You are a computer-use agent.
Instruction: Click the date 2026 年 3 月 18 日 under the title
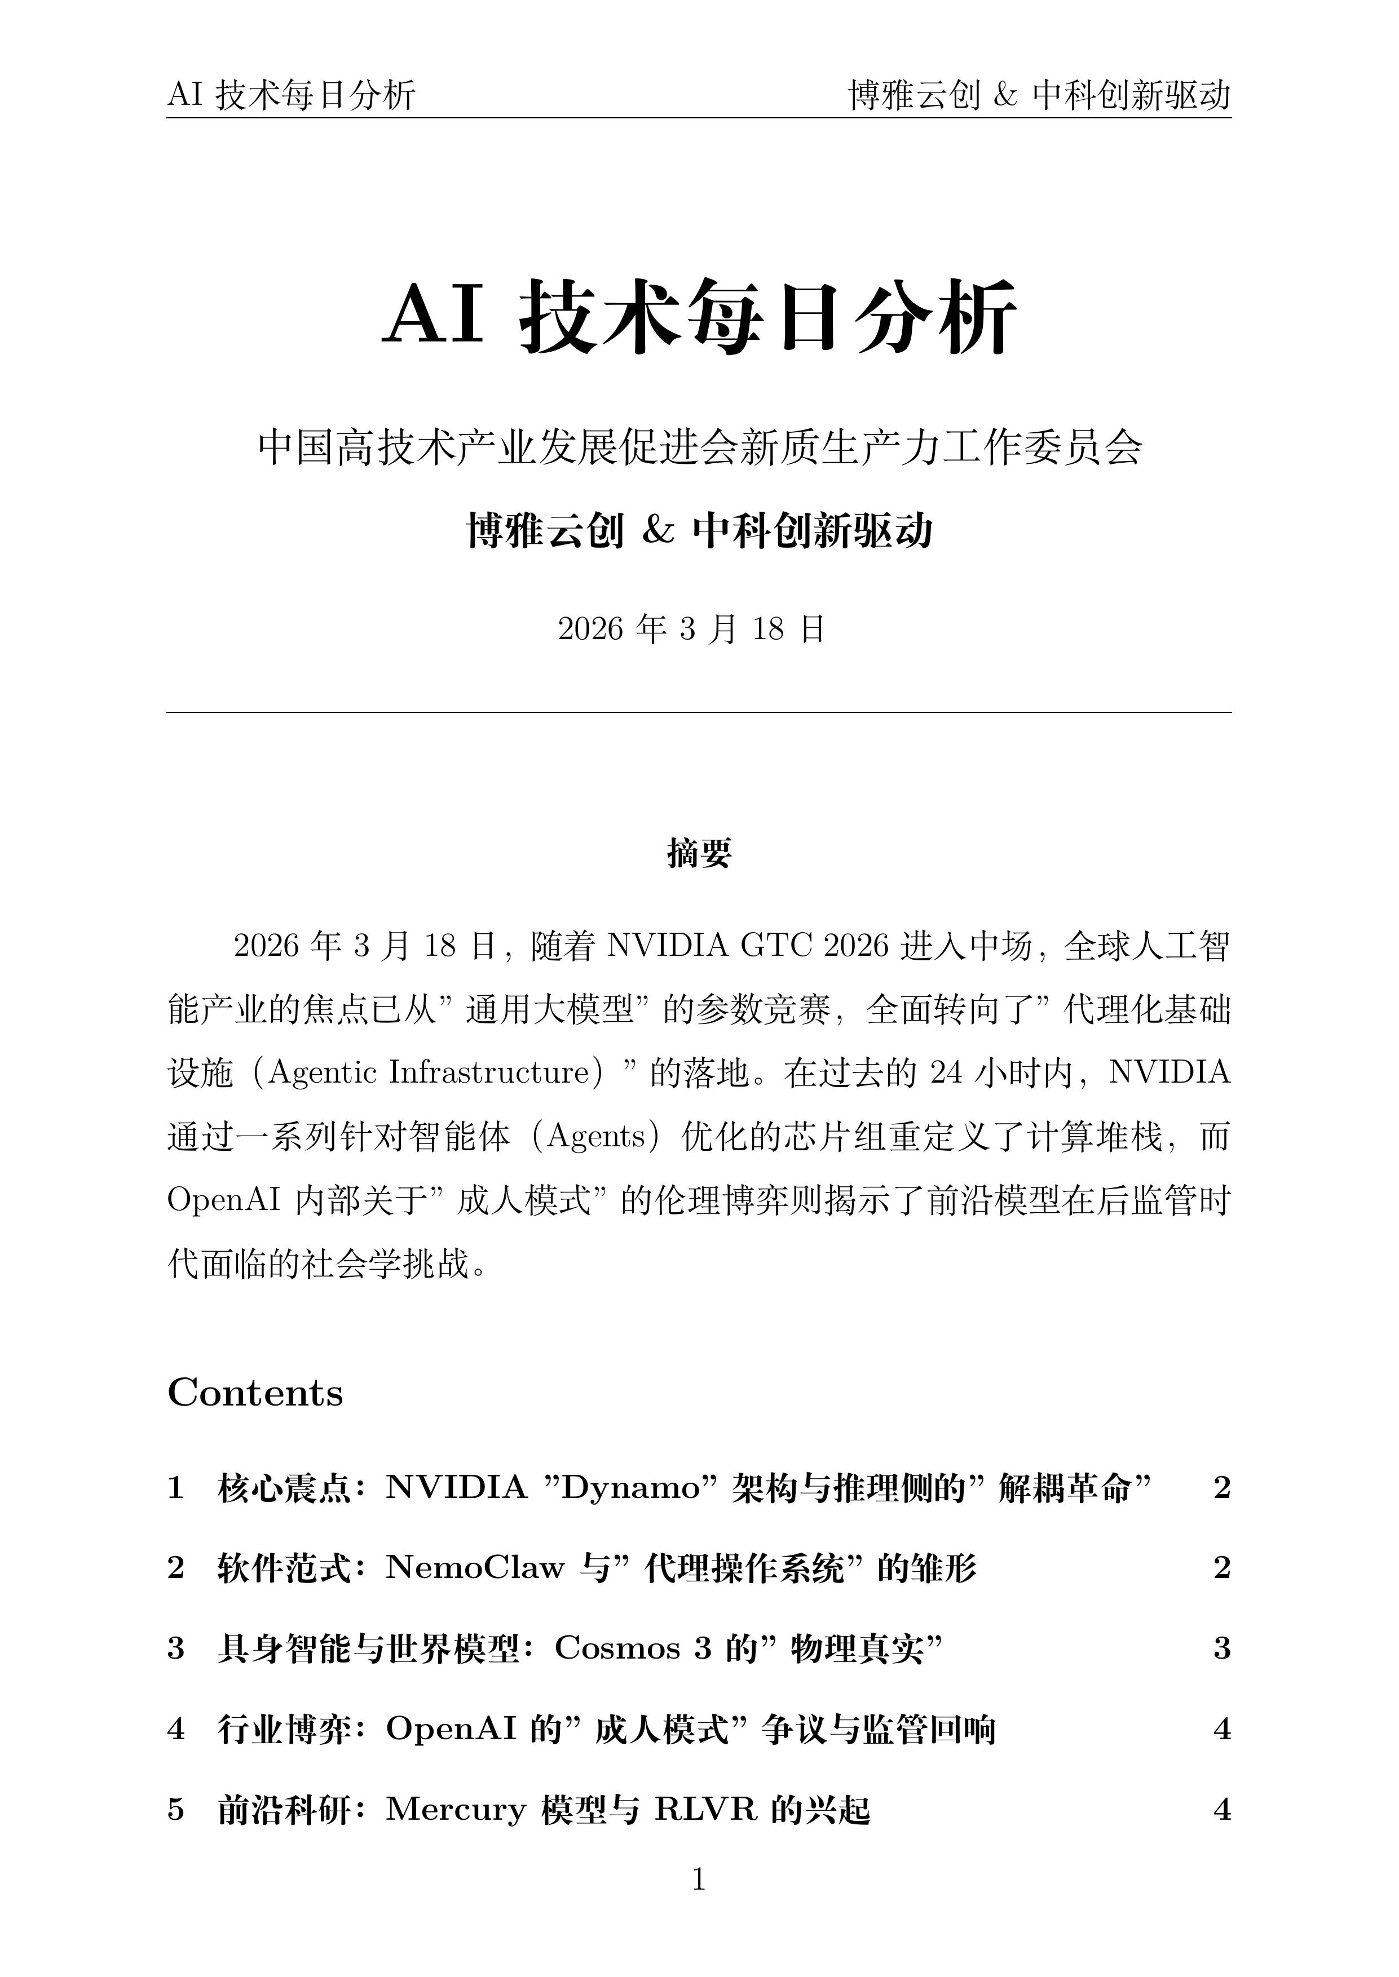click(x=692, y=630)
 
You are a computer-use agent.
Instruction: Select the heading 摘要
click(x=699, y=853)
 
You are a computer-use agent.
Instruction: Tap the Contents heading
click(x=255, y=1393)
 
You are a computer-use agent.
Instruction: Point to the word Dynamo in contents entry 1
click(x=639, y=1488)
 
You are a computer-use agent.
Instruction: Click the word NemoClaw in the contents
click(x=475, y=1568)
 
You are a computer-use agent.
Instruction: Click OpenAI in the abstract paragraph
click(x=224, y=1200)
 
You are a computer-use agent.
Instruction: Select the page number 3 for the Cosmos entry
click(x=1221, y=1648)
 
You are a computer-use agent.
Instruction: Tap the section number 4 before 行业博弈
click(x=176, y=1729)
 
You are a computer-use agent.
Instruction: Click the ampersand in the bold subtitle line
click(x=658, y=531)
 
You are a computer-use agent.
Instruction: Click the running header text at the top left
click(x=291, y=95)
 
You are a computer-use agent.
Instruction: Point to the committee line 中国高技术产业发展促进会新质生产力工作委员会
click(x=699, y=447)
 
